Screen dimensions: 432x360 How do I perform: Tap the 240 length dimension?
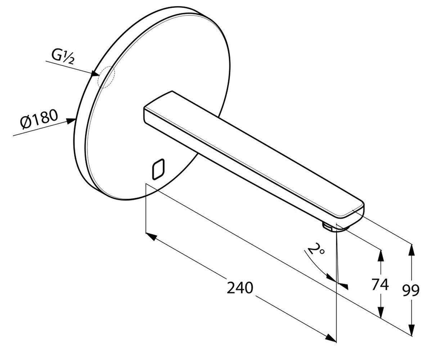coord(240,288)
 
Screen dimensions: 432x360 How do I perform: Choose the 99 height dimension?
coord(411,291)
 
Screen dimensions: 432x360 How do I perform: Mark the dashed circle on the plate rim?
coord(106,77)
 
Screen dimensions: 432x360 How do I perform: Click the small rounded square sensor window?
coord(158,170)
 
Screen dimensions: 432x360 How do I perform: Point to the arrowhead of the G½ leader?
coord(95,73)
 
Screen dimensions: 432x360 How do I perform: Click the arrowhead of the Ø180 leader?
coord(71,121)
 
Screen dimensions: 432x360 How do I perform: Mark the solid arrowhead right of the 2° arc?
coord(344,286)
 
